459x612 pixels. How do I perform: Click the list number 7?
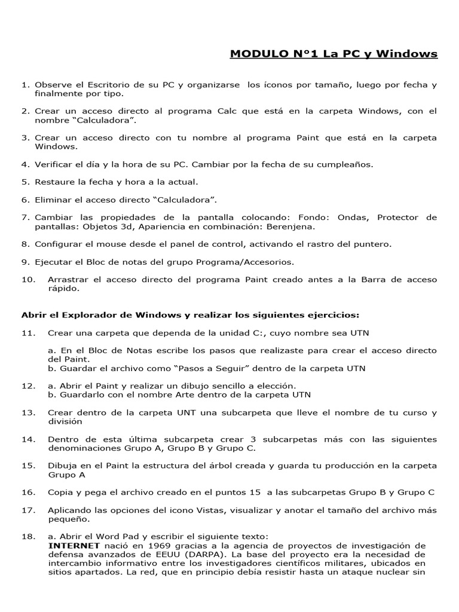click(25, 216)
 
